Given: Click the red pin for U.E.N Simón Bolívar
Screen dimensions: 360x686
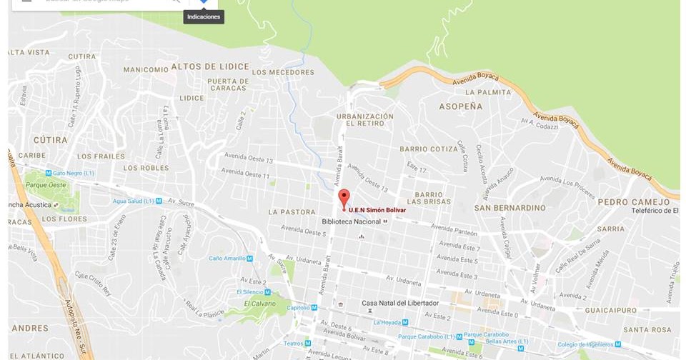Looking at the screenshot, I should click(344, 198).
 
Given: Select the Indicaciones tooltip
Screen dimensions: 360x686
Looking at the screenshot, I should click(204, 16).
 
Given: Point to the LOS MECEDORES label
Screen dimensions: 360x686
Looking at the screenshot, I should click(283, 72).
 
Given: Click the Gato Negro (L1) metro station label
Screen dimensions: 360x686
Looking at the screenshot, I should click(74, 173).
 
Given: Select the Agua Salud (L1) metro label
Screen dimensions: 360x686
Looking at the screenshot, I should click(134, 201).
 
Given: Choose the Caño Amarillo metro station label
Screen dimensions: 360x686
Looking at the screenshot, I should click(227, 258).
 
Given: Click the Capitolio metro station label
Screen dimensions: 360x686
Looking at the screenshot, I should click(298, 307).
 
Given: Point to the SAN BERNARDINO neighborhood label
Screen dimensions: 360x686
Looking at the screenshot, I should click(509, 208).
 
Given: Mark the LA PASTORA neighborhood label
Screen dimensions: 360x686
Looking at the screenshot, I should click(292, 212).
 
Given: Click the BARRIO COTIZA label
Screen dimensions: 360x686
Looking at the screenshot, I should click(429, 149).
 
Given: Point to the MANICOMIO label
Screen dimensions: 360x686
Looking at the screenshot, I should click(146, 70).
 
